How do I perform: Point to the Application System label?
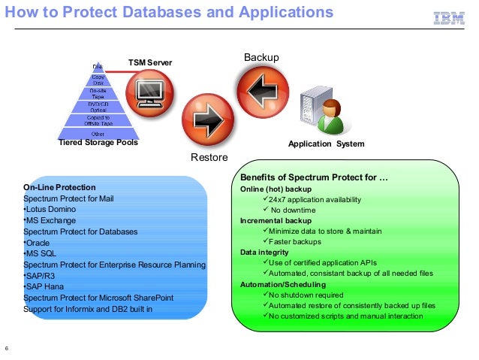327,144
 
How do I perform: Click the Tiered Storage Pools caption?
98,143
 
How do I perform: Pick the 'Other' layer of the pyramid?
98,134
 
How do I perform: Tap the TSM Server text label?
150,62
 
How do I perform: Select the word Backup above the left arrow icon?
261,58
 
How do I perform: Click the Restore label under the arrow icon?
204,158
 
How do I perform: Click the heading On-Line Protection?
59,186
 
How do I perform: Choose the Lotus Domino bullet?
51,209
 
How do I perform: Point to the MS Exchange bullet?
50,220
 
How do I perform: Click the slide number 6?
7,348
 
